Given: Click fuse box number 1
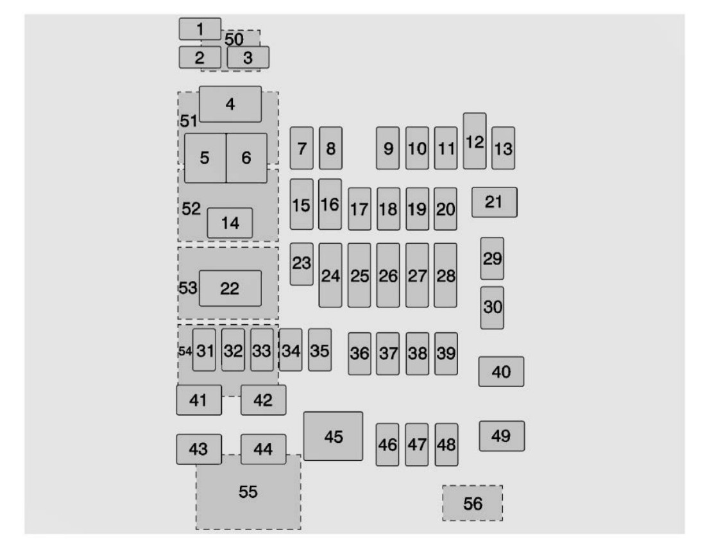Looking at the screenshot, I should pyautogui.click(x=200, y=29).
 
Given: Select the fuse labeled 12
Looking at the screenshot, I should pyautogui.click(x=474, y=141).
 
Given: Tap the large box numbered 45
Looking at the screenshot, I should pyautogui.click(x=333, y=436).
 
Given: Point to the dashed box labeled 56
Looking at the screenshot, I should pyautogui.click(x=472, y=504).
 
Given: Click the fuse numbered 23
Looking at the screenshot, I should pyautogui.click(x=302, y=263).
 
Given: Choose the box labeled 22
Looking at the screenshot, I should pyautogui.click(x=230, y=289).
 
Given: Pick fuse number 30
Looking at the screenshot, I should pyautogui.click(x=492, y=307).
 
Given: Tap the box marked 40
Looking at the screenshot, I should pyautogui.click(x=501, y=372).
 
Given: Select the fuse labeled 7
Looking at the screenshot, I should pyautogui.click(x=302, y=148).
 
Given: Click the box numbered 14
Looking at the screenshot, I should pyautogui.click(x=230, y=223).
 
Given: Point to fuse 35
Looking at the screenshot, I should pyautogui.click(x=319, y=350).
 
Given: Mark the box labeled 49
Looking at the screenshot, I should pyautogui.click(x=502, y=436).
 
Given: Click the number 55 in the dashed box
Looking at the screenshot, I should pyautogui.click(x=248, y=492).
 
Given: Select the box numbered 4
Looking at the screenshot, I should pyautogui.click(x=230, y=104).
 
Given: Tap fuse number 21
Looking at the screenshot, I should pyautogui.click(x=494, y=202).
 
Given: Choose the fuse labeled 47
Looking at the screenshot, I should pyautogui.click(x=416, y=444).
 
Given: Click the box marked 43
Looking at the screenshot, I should pyautogui.click(x=199, y=449).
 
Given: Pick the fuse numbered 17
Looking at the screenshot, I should pyautogui.click(x=359, y=209).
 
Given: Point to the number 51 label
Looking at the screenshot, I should pyautogui.click(x=188, y=121).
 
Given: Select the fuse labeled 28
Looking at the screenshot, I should pyautogui.click(x=445, y=275).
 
